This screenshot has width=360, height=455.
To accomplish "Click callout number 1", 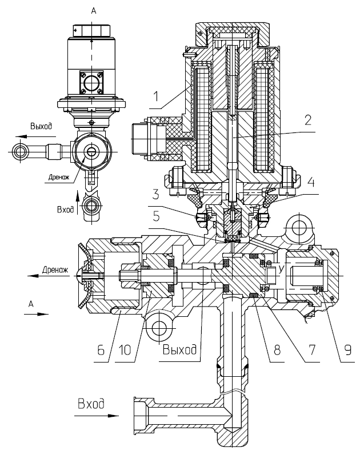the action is click(x=157, y=96).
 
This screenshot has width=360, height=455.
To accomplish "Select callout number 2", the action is click(x=308, y=120).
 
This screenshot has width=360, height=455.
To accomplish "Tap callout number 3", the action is click(x=156, y=194).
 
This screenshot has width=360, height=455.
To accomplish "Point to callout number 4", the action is click(x=311, y=182).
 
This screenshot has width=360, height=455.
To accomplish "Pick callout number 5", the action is click(x=157, y=216).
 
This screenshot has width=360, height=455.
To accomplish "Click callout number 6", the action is click(x=101, y=350).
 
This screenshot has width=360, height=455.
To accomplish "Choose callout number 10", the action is click(x=125, y=350).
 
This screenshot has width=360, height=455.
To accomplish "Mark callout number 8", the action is click(x=277, y=350).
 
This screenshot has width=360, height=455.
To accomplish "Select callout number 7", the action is click(x=312, y=350).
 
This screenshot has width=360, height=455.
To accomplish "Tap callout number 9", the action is click(x=347, y=350).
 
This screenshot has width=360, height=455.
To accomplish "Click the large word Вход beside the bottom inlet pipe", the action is click(x=91, y=404).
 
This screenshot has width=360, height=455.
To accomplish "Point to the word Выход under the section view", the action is click(x=179, y=349).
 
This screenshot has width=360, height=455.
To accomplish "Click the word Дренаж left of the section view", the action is click(x=55, y=270).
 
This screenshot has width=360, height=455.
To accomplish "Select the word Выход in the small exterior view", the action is click(x=41, y=126).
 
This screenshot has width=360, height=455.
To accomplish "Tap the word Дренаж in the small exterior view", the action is click(x=59, y=177).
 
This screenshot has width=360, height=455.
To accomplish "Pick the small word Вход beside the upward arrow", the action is click(x=65, y=210).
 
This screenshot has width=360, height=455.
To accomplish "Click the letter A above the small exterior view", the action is click(x=94, y=11).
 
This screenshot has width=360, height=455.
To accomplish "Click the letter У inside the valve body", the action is click(x=281, y=269).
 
